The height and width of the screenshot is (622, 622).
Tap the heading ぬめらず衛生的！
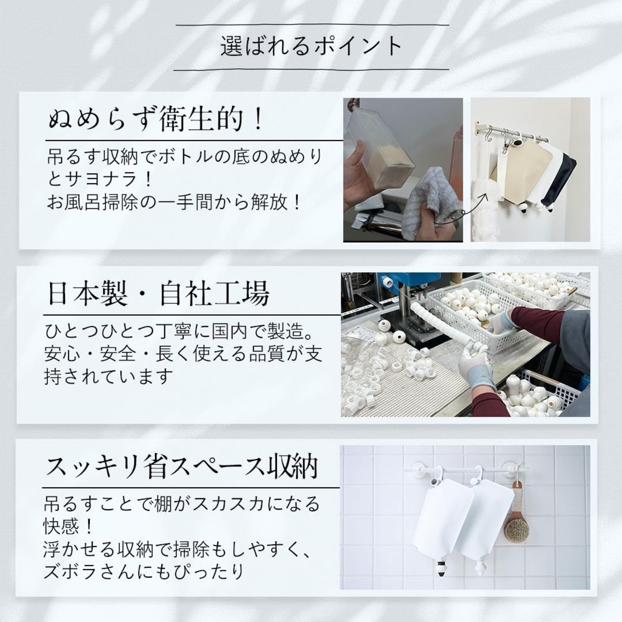(x=156, y=119)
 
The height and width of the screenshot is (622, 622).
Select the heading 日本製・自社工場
(x=158, y=294)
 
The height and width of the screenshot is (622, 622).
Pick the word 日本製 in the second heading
(x=87, y=294)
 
